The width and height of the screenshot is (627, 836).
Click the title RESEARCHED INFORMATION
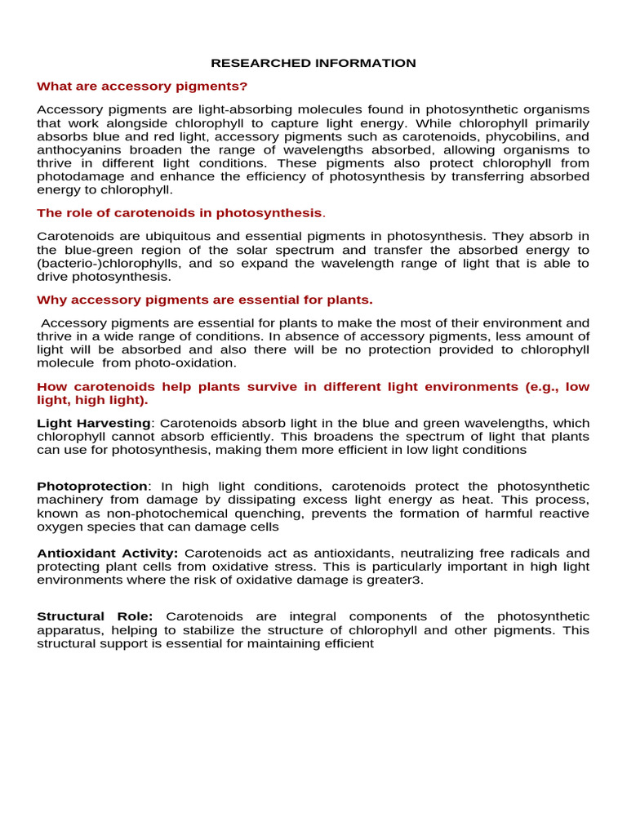[x=313, y=63]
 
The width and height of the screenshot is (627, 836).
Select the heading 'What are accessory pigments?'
[x=142, y=86]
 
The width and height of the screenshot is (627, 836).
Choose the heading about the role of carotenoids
[x=180, y=212]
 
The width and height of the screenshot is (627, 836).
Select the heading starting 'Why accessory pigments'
[x=205, y=300]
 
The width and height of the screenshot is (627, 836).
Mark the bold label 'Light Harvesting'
[x=94, y=423]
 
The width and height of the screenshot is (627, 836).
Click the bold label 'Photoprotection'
[x=92, y=486]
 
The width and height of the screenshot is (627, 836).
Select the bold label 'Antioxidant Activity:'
[x=107, y=554]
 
